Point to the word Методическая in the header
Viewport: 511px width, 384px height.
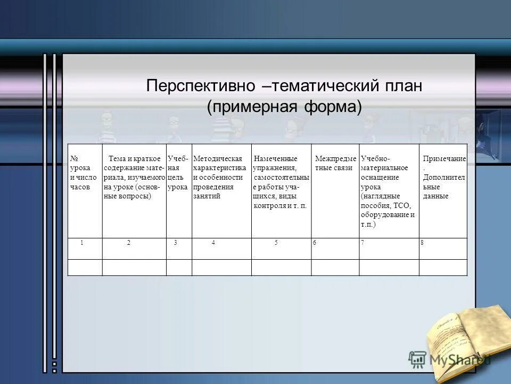click(x=217, y=158)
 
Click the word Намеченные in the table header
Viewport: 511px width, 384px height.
click(x=276, y=158)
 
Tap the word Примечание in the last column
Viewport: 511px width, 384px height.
click(x=444, y=158)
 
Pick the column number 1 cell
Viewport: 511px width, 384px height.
click(x=82, y=243)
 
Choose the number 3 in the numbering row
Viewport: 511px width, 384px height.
click(x=175, y=243)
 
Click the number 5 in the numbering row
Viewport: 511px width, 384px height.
click(x=276, y=243)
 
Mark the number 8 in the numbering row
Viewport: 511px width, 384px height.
click(x=422, y=243)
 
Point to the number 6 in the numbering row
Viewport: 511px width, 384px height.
click(x=315, y=243)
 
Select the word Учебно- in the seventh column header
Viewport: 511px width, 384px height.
click(x=375, y=158)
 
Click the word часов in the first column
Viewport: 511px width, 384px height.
click(x=79, y=187)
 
